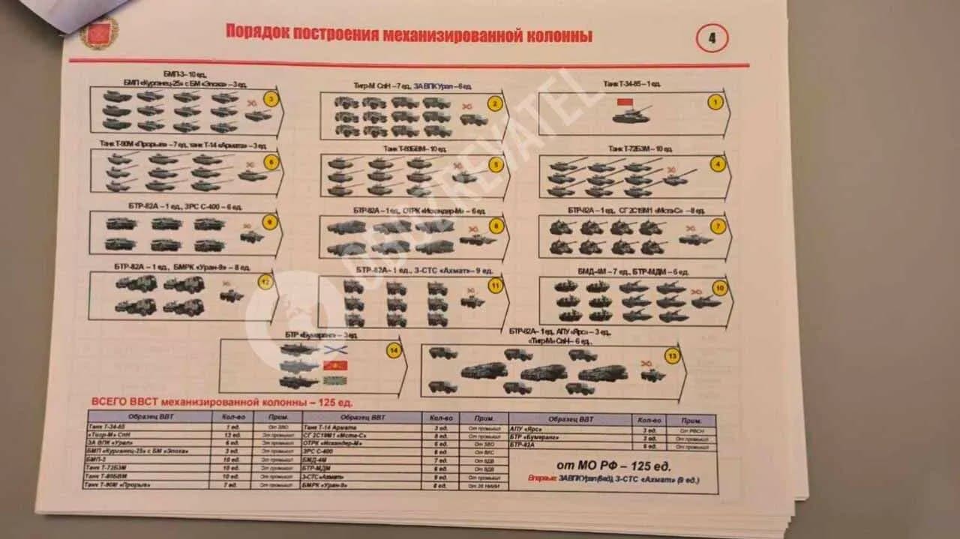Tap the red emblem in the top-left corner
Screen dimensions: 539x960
point(99,33)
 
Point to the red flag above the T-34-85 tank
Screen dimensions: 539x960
point(625,102)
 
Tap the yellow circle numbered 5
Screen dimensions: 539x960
point(494,165)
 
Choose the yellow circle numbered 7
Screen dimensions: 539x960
point(718,226)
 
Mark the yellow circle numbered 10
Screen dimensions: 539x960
point(719,288)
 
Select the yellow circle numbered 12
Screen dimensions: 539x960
point(264,283)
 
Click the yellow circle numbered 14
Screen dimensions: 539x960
point(394,351)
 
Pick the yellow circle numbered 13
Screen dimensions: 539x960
point(672,357)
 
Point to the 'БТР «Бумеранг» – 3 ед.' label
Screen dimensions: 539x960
point(317,334)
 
